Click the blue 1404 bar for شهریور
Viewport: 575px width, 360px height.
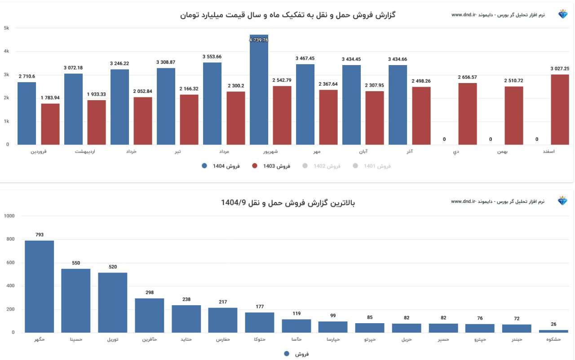[259, 90]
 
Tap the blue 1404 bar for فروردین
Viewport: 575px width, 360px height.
[27, 113]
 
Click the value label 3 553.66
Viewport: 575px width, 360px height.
[212, 57]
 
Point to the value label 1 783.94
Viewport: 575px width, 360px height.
[50, 98]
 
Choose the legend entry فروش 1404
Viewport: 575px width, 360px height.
[221, 166]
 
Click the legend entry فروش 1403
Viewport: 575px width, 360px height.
[271, 166]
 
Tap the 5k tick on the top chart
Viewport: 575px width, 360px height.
[6, 28]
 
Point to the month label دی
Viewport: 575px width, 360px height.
[456, 152]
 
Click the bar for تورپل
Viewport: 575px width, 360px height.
[113, 303]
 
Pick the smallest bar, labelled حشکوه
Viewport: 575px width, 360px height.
[553, 331]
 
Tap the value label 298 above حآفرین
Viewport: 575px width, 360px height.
[150, 293]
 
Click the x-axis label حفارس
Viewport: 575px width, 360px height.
[223, 340]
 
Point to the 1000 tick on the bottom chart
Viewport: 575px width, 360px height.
[9, 216]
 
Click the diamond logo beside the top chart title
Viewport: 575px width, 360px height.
[563, 15]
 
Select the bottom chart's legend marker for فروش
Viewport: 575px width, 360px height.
[287, 354]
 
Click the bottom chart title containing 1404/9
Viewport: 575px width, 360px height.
[287, 203]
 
